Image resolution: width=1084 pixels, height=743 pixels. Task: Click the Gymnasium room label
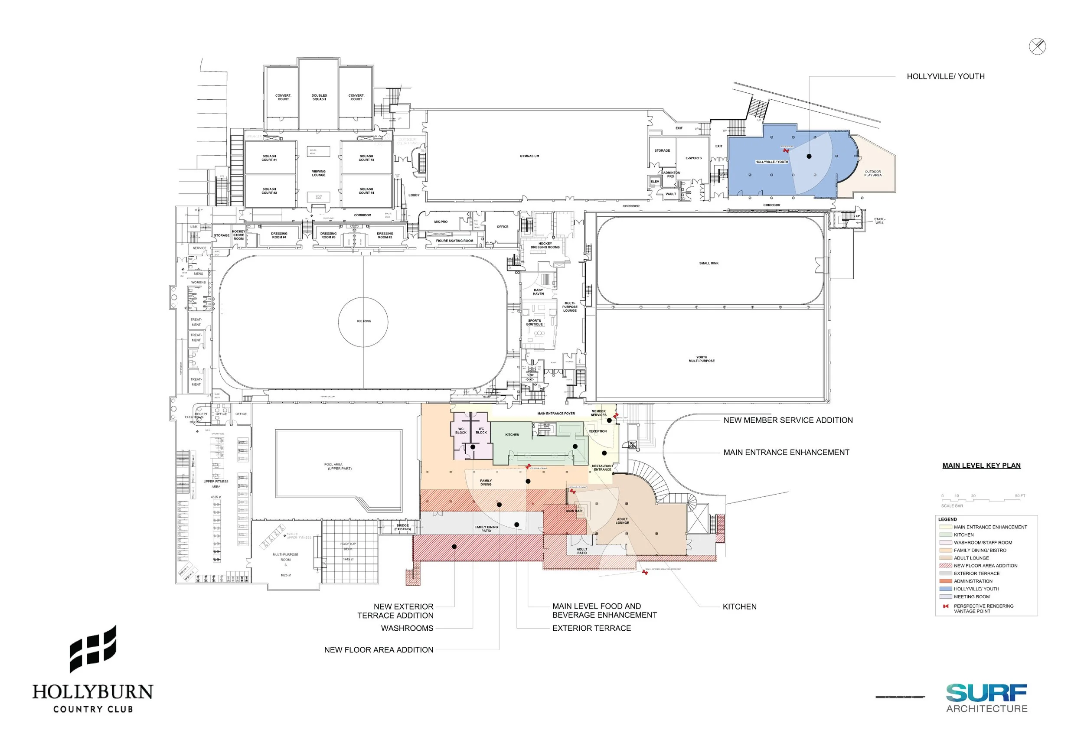[x=529, y=156]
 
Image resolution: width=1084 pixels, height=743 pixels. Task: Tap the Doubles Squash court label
[x=319, y=97]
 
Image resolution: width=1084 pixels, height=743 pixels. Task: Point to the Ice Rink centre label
[x=364, y=321]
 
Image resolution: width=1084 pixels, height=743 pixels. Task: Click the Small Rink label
[x=709, y=264]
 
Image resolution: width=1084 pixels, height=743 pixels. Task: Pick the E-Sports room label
[x=693, y=158]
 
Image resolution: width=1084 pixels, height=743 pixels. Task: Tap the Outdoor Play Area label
[x=873, y=173]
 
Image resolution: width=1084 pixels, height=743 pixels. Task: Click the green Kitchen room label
[x=512, y=435]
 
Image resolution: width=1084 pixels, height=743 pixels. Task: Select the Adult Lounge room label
[x=622, y=521]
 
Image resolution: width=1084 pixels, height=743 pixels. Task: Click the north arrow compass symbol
[x=1037, y=47]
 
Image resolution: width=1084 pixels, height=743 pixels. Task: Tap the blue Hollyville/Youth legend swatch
[x=946, y=589]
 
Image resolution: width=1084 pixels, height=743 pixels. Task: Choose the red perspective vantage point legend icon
[x=946, y=606]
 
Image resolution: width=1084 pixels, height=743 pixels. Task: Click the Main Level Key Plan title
[x=981, y=466]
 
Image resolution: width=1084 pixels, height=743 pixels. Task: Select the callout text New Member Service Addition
[x=788, y=420]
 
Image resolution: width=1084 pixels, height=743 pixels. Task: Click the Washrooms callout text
[x=407, y=628]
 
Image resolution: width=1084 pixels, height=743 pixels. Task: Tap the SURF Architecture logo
[x=986, y=698]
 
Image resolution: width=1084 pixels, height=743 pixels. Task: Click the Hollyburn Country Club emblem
[x=93, y=649]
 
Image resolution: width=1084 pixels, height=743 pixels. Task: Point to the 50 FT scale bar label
[x=1020, y=496]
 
